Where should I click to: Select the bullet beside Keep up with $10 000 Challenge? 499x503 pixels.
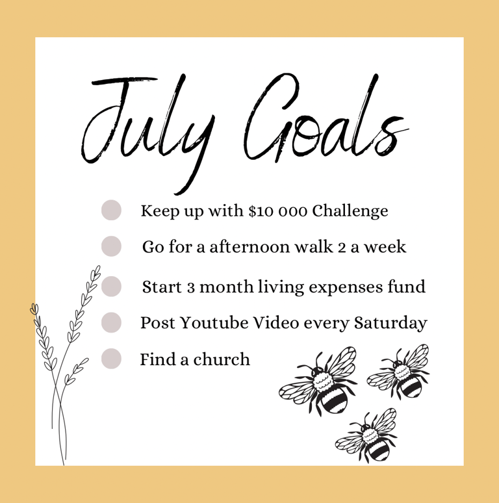pos(111,210)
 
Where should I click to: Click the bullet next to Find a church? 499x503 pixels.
pos(111,359)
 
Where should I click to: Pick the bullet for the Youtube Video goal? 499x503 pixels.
pos(111,322)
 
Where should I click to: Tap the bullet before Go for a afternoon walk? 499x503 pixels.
pos(111,246)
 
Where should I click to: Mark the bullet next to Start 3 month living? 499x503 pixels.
pos(111,286)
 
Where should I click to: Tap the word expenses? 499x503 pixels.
pos(346,287)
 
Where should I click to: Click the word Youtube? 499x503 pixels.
pos(214,323)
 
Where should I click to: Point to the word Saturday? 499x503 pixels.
pos(390,324)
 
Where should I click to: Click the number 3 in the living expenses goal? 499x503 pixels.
pos(191,287)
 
